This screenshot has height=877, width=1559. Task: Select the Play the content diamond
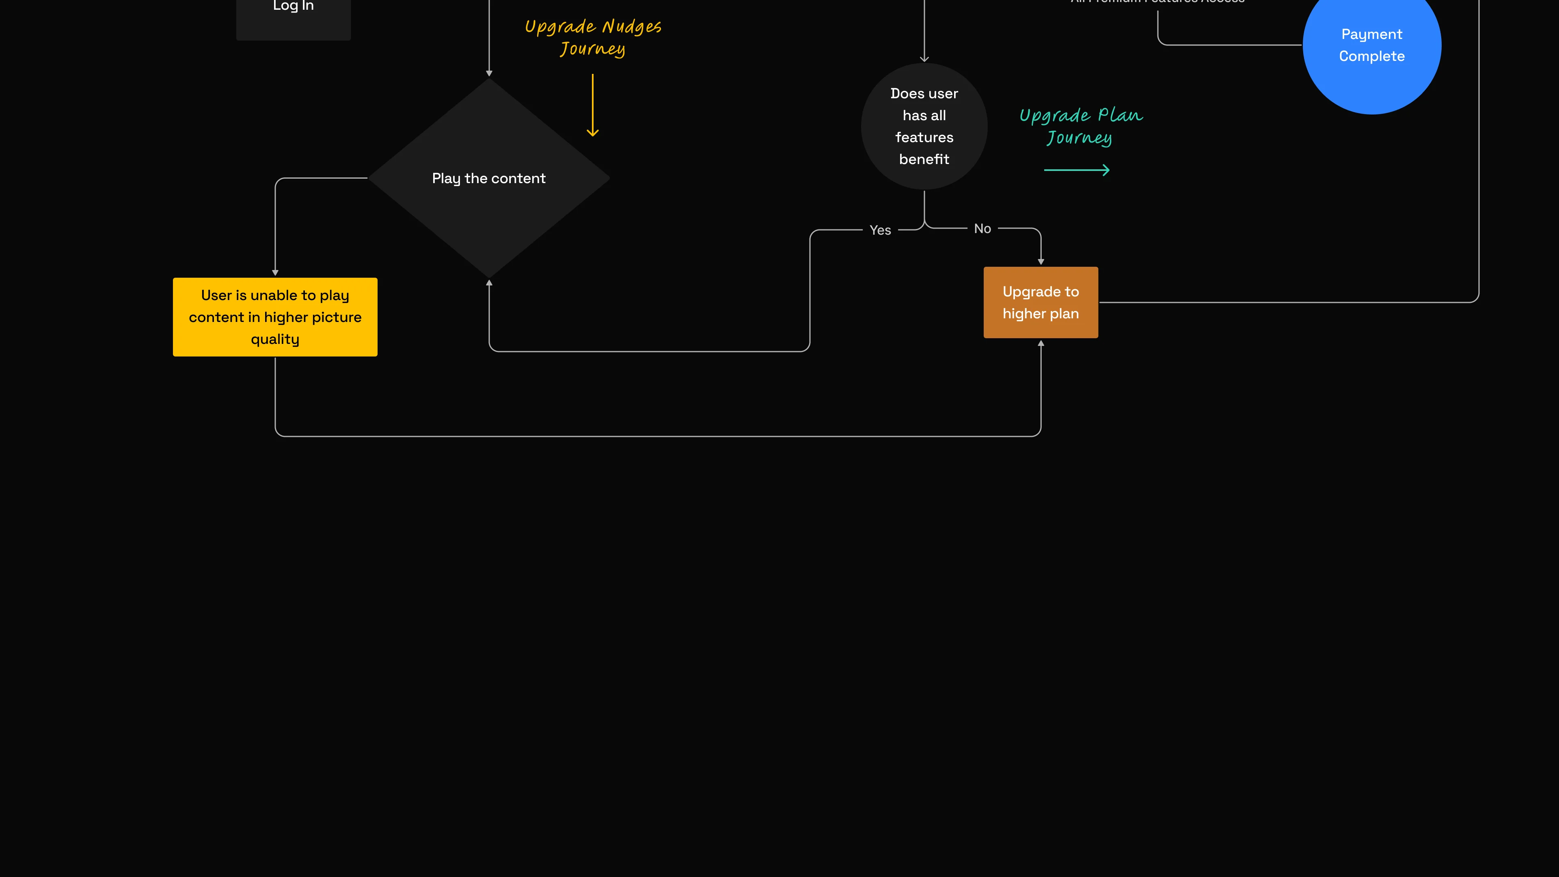point(489,178)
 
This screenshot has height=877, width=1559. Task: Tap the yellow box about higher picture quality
point(275,317)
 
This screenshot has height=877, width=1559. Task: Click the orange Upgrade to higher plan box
point(1040,302)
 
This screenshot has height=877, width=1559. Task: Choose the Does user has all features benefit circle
point(924,126)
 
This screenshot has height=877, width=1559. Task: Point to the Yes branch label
point(880,230)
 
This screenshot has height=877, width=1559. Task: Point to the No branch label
point(982,229)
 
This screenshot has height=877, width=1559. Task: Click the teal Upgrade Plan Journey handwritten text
point(1081,126)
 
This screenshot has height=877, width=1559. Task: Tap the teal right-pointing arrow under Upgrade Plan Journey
point(1077,170)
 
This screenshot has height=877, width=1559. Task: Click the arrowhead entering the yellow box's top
point(275,273)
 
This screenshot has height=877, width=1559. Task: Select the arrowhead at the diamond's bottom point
point(489,283)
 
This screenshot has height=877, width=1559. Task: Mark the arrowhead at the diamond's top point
point(489,73)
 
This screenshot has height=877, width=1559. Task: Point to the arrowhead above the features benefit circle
point(924,59)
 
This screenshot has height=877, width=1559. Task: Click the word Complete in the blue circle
point(1371,56)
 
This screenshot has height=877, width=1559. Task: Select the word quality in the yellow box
point(275,339)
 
